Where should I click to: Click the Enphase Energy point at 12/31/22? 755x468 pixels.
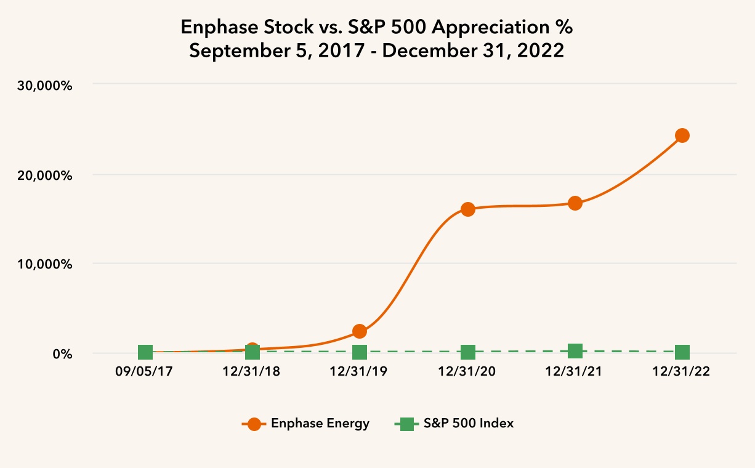tap(682, 135)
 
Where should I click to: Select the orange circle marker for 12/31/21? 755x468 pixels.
tap(575, 203)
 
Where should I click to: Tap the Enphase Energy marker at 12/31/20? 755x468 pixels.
tap(467, 209)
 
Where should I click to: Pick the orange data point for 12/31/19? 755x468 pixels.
tap(360, 331)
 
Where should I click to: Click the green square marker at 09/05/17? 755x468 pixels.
tap(145, 352)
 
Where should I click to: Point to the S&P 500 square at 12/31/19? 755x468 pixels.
tap(360, 352)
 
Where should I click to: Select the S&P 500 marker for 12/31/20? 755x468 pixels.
tap(467, 352)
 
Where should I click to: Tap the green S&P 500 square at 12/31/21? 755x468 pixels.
tap(575, 351)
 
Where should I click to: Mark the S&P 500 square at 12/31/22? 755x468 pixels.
tap(682, 352)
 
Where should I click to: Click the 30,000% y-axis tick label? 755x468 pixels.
tap(44, 86)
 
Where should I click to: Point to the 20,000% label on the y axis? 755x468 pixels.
tap(44, 175)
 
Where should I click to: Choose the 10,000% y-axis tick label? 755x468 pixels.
tap(44, 264)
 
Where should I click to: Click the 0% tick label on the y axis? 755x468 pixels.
tap(61, 354)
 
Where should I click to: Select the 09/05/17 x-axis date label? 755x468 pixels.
tap(145, 373)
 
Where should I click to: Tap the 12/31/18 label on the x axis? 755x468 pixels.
tap(252, 373)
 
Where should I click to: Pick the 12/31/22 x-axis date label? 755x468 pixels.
tap(682, 373)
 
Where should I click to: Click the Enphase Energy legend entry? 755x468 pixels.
tap(306, 424)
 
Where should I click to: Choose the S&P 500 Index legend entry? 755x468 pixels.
tap(454, 424)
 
